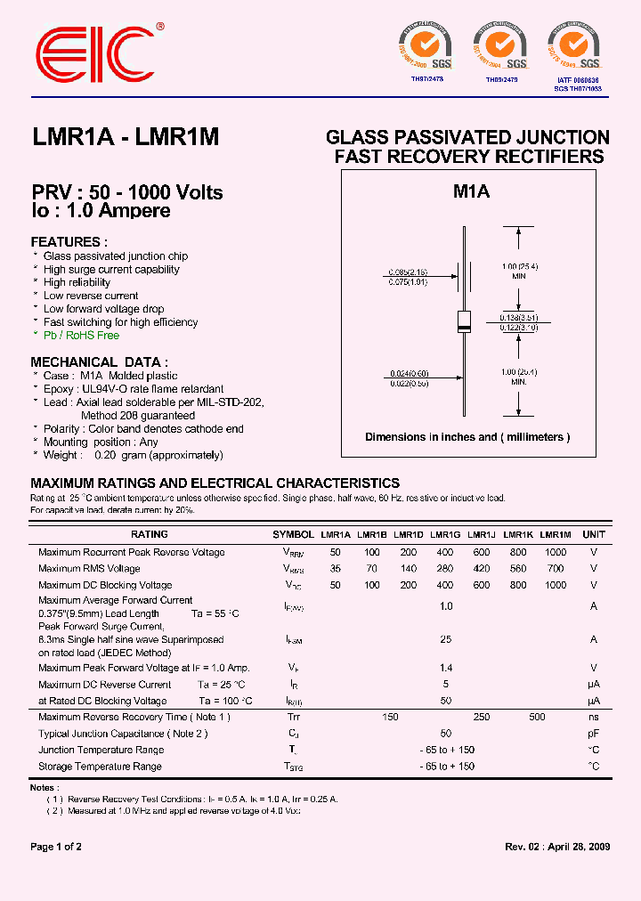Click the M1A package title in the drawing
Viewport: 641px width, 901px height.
coord(471,191)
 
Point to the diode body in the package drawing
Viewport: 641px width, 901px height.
coord(464,321)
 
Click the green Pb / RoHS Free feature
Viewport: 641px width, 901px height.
coord(81,336)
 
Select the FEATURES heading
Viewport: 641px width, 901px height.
coord(69,242)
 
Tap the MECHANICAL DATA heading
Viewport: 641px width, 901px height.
coord(99,362)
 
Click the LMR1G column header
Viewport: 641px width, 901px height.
coord(445,535)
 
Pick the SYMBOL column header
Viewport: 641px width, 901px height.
coord(293,535)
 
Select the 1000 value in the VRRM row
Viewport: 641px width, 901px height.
coord(555,553)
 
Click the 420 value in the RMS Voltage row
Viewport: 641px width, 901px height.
coord(482,569)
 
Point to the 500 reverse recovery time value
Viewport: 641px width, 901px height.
coord(537,718)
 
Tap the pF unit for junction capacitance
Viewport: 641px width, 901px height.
coord(593,734)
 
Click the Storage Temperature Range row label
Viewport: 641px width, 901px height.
coord(100,767)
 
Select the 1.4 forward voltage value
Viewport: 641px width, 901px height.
coord(445,668)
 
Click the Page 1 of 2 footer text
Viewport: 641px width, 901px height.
coord(56,847)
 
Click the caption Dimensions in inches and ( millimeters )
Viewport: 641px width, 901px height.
coord(467,437)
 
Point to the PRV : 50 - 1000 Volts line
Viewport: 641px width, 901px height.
coord(127,193)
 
